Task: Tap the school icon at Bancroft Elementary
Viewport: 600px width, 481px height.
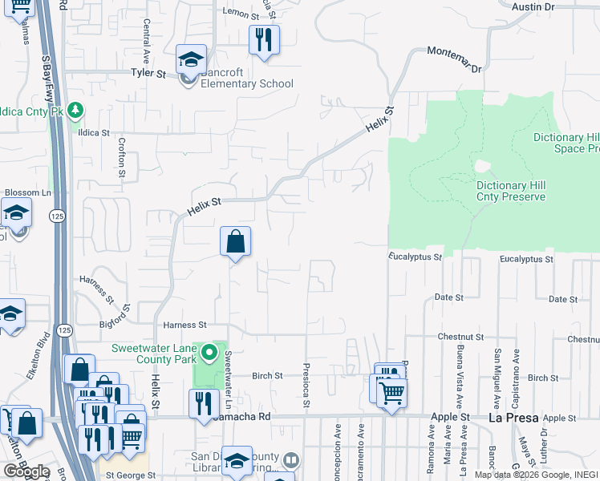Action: click(192, 59)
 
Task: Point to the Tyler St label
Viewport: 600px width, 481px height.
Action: click(148, 73)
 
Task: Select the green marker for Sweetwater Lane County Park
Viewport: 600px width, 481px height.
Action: click(210, 352)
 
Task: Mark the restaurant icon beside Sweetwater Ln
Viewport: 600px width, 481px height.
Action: click(204, 403)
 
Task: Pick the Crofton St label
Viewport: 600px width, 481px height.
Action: click(123, 156)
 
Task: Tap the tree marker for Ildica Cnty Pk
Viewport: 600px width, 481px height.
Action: click(75, 109)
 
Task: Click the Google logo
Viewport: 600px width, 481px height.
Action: click(26, 471)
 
